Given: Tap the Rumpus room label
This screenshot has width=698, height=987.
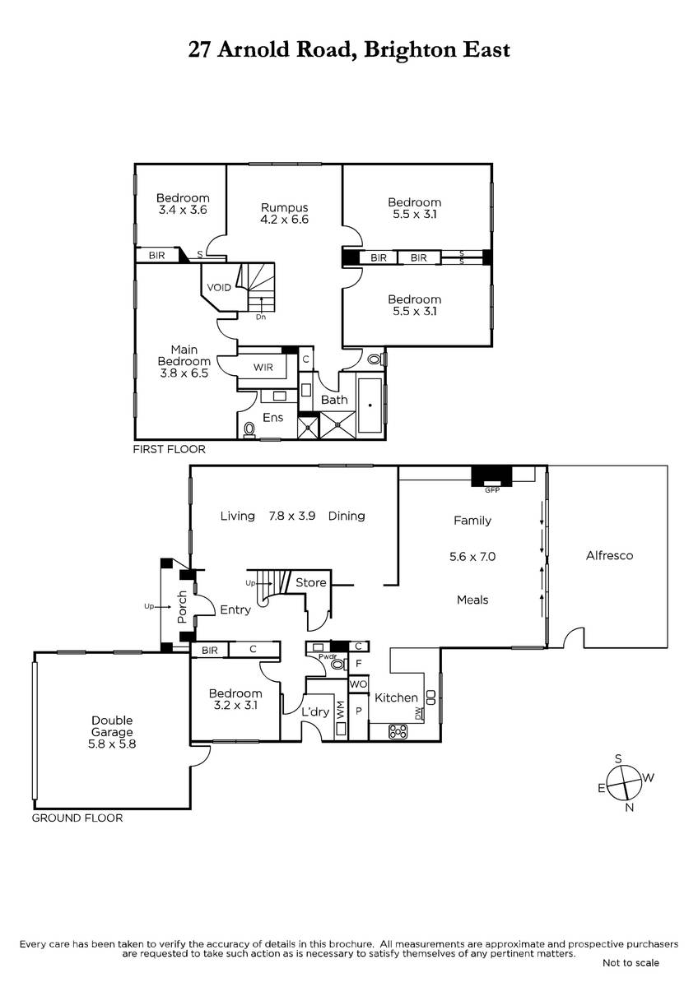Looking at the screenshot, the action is pyautogui.click(x=285, y=207).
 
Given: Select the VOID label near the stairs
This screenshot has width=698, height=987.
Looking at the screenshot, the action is pyautogui.click(x=219, y=288).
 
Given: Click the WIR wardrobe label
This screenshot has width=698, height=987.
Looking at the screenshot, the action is pyautogui.click(x=263, y=367).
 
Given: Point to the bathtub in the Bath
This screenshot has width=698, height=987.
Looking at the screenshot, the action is pyautogui.click(x=370, y=405).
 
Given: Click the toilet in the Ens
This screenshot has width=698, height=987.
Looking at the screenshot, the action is pyautogui.click(x=249, y=429).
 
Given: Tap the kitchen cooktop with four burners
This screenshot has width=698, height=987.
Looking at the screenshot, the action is pyautogui.click(x=398, y=731).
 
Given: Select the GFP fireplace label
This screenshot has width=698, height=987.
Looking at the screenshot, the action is pyautogui.click(x=492, y=490).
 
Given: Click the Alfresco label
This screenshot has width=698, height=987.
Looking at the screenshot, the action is pyautogui.click(x=609, y=555).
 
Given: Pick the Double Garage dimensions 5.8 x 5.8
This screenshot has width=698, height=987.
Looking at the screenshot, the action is pyautogui.click(x=112, y=744).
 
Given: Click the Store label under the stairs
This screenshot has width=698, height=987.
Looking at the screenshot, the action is pyautogui.click(x=311, y=582).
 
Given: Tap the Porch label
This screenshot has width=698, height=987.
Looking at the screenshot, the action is pyautogui.click(x=182, y=607).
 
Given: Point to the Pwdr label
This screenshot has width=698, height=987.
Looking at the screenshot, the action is pyautogui.click(x=328, y=656).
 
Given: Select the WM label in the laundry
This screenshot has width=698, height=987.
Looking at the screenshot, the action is pyautogui.click(x=341, y=713).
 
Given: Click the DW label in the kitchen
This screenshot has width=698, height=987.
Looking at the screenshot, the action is pyautogui.click(x=418, y=715).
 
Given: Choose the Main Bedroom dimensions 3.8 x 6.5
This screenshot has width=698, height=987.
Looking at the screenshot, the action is pyautogui.click(x=184, y=373).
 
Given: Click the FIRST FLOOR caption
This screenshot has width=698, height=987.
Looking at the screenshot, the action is pyautogui.click(x=170, y=449).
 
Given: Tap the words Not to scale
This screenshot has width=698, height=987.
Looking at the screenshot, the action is pyautogui.click(x=631, y=963).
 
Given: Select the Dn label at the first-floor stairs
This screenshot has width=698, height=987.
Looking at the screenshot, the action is pyautogui.click(x=261, y=317).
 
